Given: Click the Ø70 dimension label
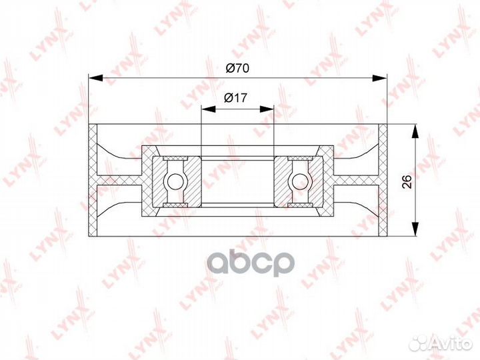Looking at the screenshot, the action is pyautogui.click(x=237, y=68).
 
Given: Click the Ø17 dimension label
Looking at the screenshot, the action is pyautogui.click(x=235, y=97).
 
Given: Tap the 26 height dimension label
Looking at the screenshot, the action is pyautogui.click(x=407, y=181).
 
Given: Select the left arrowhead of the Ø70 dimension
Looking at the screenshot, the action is pyautogui.click(x=95, y=78).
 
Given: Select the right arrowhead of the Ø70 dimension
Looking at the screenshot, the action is pyautogui.click(x=380, y=78).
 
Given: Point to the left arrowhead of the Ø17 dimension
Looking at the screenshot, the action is pyautogui.click(x=208, y=109).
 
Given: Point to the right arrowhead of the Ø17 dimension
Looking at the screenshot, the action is pyautogui.click(x=267, y=109).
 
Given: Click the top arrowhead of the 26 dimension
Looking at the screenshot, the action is pyautogui.click(x=415, y=131).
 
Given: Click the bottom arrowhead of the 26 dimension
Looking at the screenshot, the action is pyautogui.click(x=415, y=229).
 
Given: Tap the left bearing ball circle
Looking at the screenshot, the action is pyautogui.click(x=175, y=181).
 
